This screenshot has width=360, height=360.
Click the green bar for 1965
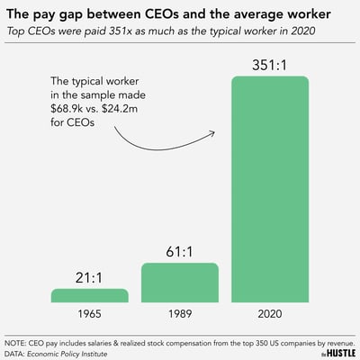click(89, 295)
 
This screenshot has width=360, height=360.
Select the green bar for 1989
click(180, 283)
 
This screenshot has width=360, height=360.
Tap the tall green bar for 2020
click(270, 189)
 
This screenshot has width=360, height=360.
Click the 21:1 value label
click(89, 276)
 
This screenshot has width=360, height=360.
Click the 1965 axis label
click(89, 316)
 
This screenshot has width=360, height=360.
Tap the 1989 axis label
click(180, 316)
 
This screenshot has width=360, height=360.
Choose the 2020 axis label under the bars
click(270, 316)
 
